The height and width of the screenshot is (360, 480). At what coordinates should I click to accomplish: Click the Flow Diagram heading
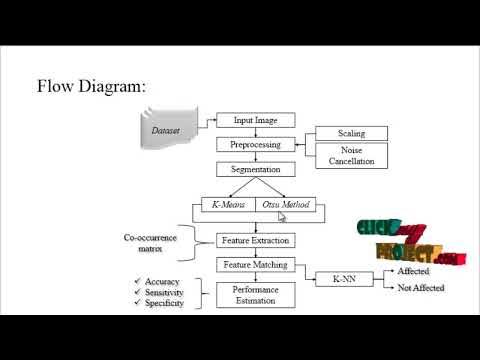coord(91,86)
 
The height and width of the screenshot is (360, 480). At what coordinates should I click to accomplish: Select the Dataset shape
coord(166,130)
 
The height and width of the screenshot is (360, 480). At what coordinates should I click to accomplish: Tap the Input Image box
coord(256,120)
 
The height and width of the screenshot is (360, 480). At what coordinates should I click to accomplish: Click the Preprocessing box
coord(256,144)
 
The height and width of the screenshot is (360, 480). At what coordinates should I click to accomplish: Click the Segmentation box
coord(256,169)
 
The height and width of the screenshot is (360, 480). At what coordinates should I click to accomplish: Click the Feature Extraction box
coord(256,241)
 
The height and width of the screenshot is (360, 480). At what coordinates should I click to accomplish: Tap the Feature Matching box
coord(256,265)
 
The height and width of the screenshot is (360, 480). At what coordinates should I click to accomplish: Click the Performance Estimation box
coord(256,295)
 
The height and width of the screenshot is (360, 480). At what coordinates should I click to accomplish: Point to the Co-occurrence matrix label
coord(151,243)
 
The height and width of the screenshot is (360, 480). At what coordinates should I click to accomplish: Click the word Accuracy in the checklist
coord(162,282)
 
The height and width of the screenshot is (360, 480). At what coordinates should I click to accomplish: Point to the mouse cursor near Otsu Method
coord(282,215)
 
